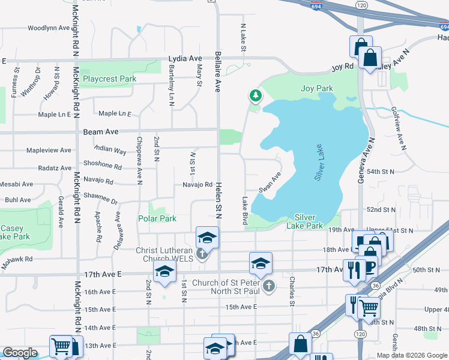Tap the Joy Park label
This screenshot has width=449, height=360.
pyautogui.click(x=316, y=89)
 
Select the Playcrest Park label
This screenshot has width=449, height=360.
pyautogui.click(x=109, y=79)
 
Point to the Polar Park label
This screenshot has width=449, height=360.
pyautogui.click(x=157, y=219)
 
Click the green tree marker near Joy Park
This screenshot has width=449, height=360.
pyautogui.click(x=256, y=95)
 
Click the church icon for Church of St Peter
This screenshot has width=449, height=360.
pyautogui.click(x=269, y=286)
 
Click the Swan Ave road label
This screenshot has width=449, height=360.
pyautogui.click(x=270, y=182)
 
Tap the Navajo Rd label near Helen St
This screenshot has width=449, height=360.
pyautogui.click(x=198, y=185)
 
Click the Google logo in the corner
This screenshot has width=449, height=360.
pyautogui.click(x=20, y=353)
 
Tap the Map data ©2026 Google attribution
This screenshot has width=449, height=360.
pyautogui.click(x=411, y=355)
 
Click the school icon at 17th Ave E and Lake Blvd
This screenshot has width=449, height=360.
pyautogui.click(x=261, y=263)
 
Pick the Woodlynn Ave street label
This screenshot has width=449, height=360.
pyautogui.click(x=49, y=28)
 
